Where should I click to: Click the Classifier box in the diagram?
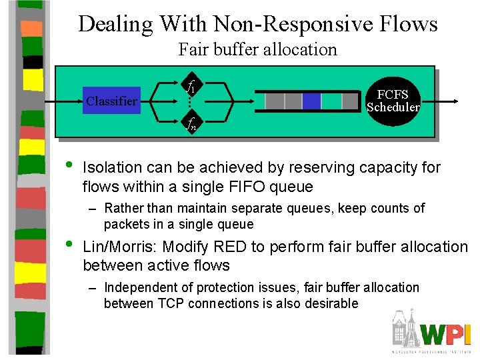(x=111, y=101)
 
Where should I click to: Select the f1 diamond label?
(x=191, y=86)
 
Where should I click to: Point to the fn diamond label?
(x=191, y=122)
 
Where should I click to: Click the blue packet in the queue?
(x=311, y=101)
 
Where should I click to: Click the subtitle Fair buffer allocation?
(x=257, y=49)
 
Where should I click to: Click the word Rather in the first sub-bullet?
(x=125, y=208)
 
